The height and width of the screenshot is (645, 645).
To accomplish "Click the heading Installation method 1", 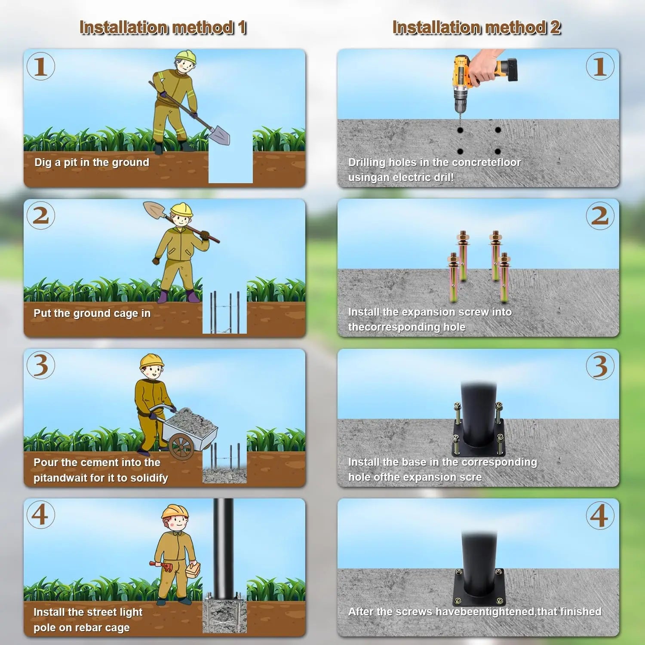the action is click(x=163, y=28).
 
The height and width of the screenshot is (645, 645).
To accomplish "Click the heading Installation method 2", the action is click(x=476, y=28).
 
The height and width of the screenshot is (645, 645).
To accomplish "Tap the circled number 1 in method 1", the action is click(x=41, y=66).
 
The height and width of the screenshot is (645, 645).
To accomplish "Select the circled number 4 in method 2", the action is click(x=600, y=516).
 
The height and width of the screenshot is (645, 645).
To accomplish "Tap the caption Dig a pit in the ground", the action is click(x=92, y=163).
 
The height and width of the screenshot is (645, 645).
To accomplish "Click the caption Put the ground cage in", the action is click(x=92, y=313).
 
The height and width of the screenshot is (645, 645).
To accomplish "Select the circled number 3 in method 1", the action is click(x=41, y=365).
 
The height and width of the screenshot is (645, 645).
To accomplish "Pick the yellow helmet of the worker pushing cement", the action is click(x=152, y=361).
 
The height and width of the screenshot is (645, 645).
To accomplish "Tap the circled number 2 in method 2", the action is click(x=600, y=216).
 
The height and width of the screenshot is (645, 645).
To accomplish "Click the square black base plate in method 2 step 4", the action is click(x=479, y=587).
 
